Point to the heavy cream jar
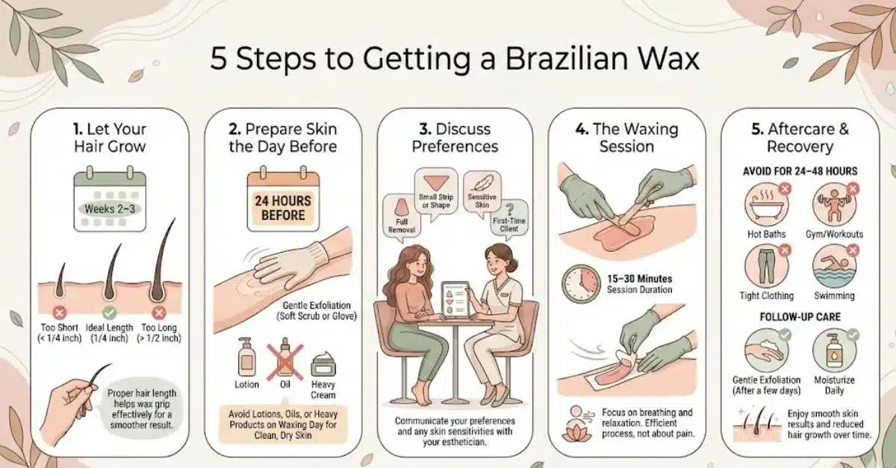[323, 366]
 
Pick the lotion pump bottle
[246, 357]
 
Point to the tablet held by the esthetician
[456, 299]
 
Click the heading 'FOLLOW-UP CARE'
[800, 317]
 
